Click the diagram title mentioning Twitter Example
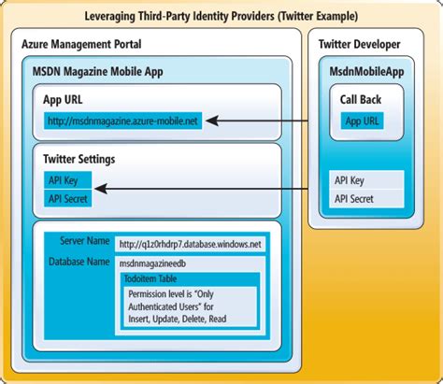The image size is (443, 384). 221,16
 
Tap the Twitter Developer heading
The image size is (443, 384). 359,44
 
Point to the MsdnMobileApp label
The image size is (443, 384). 365,71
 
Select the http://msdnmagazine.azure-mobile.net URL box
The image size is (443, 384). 123,121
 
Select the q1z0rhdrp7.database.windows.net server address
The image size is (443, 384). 190,244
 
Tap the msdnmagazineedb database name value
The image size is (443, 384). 161,263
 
